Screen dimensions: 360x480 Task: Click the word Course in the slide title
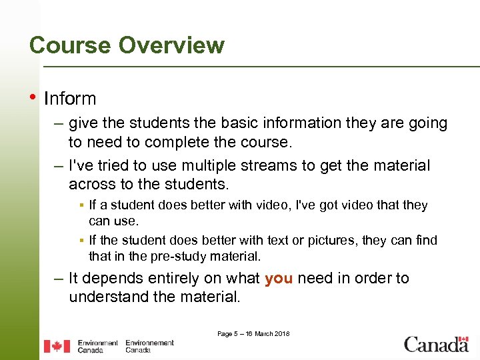[x=71, y=45]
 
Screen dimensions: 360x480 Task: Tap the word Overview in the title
[x=171, y=45]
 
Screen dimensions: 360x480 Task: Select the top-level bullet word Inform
[x=70, y=99]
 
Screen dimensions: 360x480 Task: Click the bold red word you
[x=279, y=278]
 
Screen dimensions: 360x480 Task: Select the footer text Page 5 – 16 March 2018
[x=253, y=333]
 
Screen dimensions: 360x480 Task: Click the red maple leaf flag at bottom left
[x=57, y=346]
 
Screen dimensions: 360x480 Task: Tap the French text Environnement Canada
[x=149, y=346]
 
